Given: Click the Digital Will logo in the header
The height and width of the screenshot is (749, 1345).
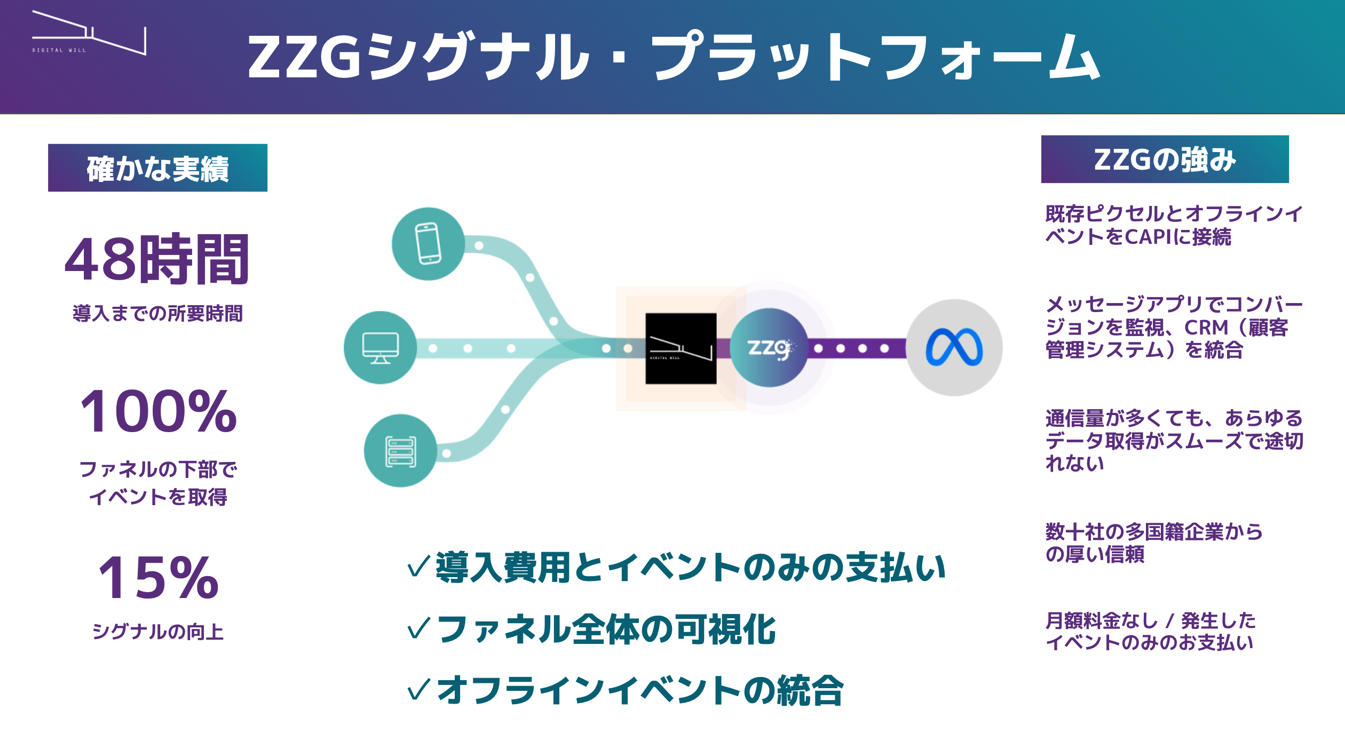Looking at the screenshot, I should tap(89, 33).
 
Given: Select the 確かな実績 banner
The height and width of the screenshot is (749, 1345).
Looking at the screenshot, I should tap(157, 168).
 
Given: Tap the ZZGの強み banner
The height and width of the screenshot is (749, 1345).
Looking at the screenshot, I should tap(1165, 160).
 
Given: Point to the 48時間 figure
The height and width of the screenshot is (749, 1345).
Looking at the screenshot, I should tap(157, 259).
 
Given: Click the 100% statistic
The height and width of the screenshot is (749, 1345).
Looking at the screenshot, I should tap(158, 411).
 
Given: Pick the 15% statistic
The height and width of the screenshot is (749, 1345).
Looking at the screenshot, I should tap(159, 578).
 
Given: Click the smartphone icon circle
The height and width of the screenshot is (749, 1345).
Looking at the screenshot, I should tap(428, 244).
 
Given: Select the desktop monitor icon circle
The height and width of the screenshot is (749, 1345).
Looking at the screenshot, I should tap(380, 348).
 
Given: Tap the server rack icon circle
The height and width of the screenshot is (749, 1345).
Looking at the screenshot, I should tap(400, 451).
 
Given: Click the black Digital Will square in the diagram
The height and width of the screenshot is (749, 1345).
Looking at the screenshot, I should tap(681, 348).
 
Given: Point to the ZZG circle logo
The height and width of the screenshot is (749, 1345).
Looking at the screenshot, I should tap(769, 348).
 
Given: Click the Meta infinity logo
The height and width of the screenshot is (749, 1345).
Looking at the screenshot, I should tap(954, 348).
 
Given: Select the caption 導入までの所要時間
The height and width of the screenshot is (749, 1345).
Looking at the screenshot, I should tap(157, 313).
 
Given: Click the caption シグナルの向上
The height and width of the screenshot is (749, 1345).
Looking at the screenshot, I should tap(158, 632).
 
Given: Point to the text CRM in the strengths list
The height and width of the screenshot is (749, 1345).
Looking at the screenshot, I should tap(1206, 327).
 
